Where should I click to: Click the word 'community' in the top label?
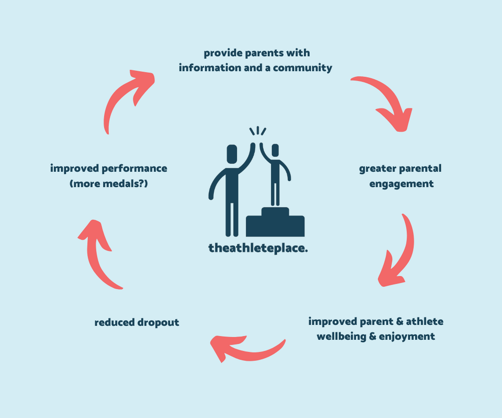[x=302, y=68]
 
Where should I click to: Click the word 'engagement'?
[x=401, y=184]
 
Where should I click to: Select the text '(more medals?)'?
[x=109, y=184]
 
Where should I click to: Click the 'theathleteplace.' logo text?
[x=258, y=248]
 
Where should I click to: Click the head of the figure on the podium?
[x=275, y=150]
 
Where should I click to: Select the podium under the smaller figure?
[x=275, y=223]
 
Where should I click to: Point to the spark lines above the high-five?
[x=258, y=131]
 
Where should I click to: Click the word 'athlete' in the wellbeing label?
[x=425, y=322]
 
